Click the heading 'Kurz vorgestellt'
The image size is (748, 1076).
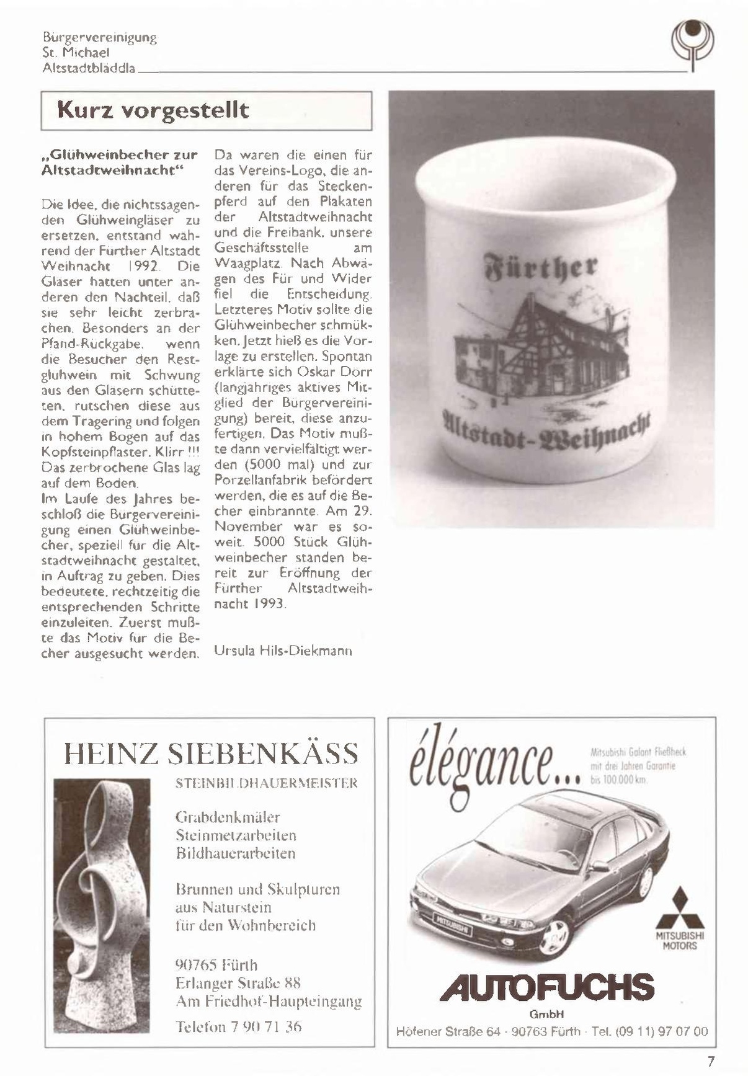(153, 110)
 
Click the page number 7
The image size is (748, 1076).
(711, 1060)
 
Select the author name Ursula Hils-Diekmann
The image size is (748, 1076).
(283, 651)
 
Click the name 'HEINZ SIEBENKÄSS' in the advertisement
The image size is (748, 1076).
(211, 754)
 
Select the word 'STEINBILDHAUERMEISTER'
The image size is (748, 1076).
(267, 783)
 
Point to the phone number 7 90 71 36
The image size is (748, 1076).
(239, 1026)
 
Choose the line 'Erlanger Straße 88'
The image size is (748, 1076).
(238, 983)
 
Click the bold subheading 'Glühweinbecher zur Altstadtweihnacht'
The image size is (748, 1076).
(119, 162)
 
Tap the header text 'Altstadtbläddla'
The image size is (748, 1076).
(89, 68)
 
